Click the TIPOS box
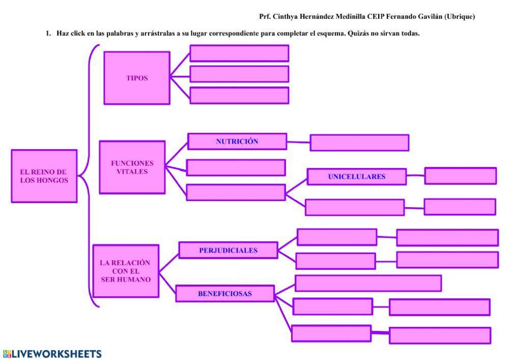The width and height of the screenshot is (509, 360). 136,78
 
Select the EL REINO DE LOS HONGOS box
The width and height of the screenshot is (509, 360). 44,176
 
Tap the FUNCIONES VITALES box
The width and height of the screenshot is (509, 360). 132,168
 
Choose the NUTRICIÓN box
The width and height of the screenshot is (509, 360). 237,142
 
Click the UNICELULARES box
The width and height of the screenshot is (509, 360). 356,177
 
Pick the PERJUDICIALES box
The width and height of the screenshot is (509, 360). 228,250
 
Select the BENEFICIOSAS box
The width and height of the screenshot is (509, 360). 225,293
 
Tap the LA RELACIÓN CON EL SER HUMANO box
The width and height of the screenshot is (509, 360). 125,271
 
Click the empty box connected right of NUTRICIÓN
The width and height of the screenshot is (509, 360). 359,143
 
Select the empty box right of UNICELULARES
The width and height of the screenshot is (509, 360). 460,176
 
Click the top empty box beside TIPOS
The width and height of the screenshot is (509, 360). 239,53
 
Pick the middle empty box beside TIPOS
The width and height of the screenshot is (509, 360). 239,74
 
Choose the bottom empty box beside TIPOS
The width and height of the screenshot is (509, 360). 239,95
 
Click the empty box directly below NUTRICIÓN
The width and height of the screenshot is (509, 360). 236,168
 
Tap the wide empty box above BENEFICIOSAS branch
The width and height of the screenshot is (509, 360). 367,283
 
